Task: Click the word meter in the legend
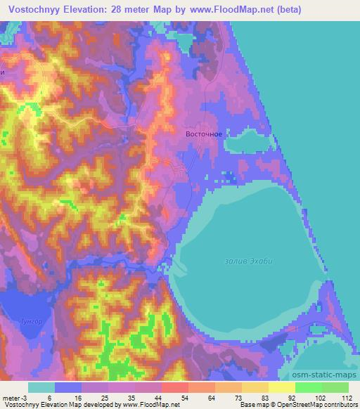(12, 397)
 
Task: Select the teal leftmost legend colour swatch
(41, 387)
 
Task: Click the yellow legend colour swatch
(282, 387)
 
